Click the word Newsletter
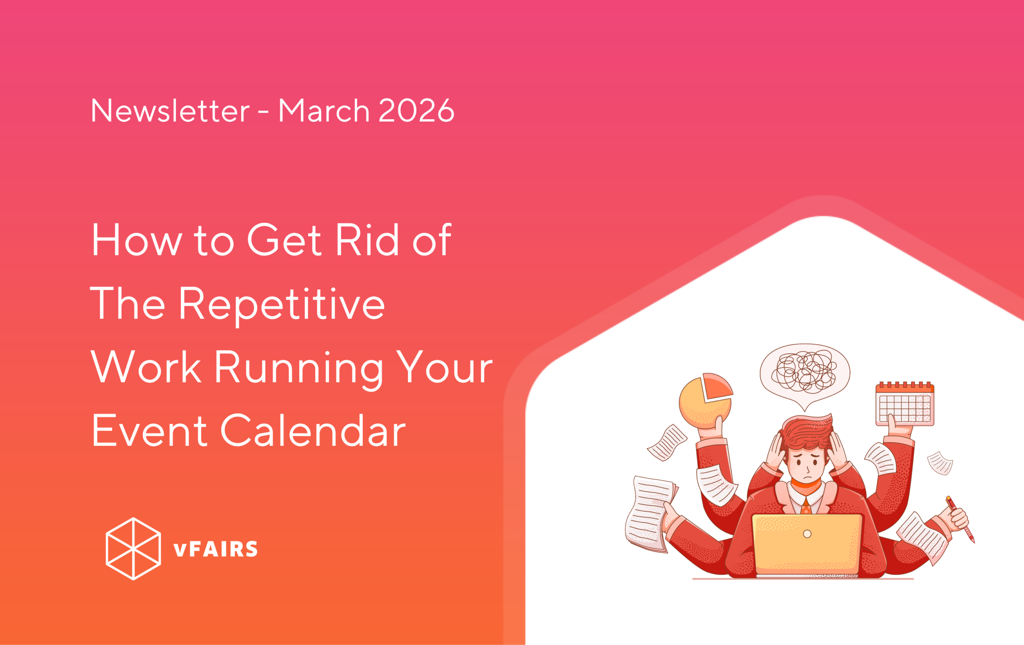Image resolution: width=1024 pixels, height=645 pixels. tap(170, 111)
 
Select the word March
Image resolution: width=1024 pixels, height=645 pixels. tap(324, 111)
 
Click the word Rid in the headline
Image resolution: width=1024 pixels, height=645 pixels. tap(367, 240)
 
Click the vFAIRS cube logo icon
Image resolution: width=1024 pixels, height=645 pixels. tap(133, 549)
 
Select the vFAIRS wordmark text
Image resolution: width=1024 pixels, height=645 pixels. tap(216, 549)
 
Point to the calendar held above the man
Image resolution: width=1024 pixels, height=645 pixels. tap(904, 403)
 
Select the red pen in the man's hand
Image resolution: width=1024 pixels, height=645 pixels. tap(960, 519)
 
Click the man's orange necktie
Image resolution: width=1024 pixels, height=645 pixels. tap(806, 506)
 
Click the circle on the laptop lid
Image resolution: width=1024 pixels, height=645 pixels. tap(807, 534)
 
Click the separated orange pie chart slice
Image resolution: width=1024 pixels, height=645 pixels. tap(716, 387)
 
